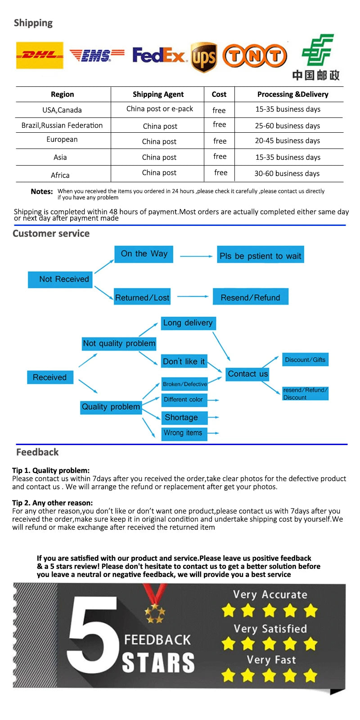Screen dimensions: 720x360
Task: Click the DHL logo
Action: pyautogui.click(x=40, y=55)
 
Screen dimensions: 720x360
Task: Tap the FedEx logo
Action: pyautogui.click(x=158, y=55)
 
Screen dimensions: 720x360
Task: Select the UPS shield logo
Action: pyautogui.click(x=204, y=57)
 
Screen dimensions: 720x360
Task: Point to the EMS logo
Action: pyautogui.click(x=97, y=55)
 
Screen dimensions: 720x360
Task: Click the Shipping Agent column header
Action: pyautogui.click(x=158, y=94)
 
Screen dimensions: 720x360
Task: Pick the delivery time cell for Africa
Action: pyautogui.click(x=287, y=173)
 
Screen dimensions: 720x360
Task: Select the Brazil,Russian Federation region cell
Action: pyautogui.click(x=62, y=125)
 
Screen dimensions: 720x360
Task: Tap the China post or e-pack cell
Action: pyautogui.click(x=159, y=108)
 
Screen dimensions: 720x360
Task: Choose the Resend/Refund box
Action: pyautogui.click(x=250, y=297)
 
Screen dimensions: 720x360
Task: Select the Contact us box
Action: pyautogui.click(x=247, y=373)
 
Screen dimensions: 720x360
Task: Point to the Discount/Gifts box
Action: pyautogui.click(x=305, y=360)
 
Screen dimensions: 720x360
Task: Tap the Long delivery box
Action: pyautogui.click(x=188, y=323)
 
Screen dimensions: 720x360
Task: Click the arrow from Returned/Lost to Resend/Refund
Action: pyautogui.click(x=193, y=297)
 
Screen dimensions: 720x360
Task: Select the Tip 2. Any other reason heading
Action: pyautogui.click(x=52, y=503)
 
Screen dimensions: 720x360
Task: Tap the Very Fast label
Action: pyautogui.click(x=271, y=660)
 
